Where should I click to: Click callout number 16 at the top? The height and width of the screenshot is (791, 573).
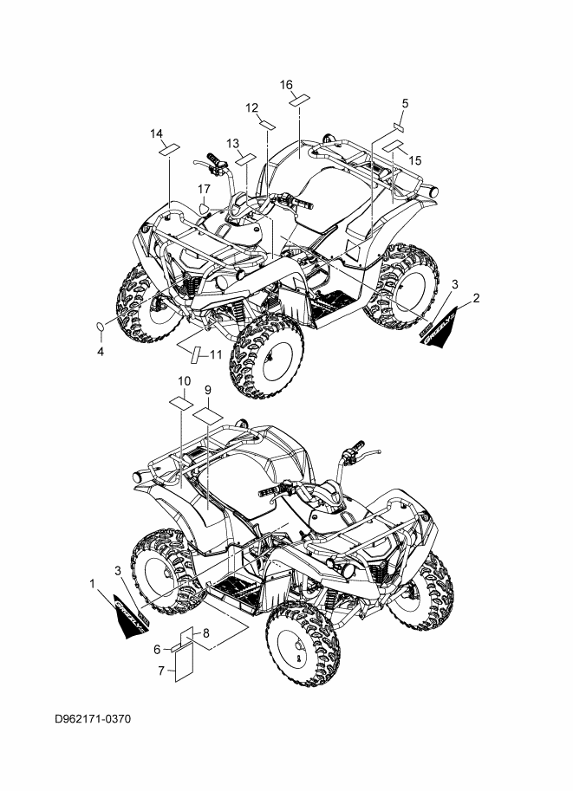point(287,84)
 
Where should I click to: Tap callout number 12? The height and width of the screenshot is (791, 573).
point(252,107)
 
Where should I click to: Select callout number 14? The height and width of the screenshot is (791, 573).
point(156,133)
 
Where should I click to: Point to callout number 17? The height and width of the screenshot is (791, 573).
point(204,188)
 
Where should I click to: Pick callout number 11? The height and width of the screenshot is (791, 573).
point(215,353)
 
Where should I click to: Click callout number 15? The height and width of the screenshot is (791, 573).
point(414,160)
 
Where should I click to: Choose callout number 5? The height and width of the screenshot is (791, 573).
point(405,104)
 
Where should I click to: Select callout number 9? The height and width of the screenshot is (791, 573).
point(207,391)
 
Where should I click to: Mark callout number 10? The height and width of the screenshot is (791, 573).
point(184,381)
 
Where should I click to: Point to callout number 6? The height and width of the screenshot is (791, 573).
point(157,649)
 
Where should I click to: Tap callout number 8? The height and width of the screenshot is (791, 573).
point(206,633)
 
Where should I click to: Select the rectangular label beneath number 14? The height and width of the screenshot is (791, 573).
point(167,149)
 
